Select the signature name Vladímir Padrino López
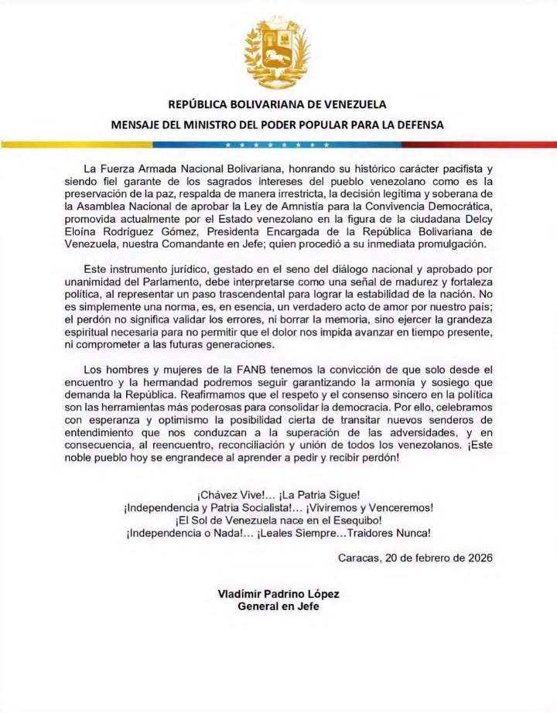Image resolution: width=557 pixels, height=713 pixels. pos(278,594)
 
